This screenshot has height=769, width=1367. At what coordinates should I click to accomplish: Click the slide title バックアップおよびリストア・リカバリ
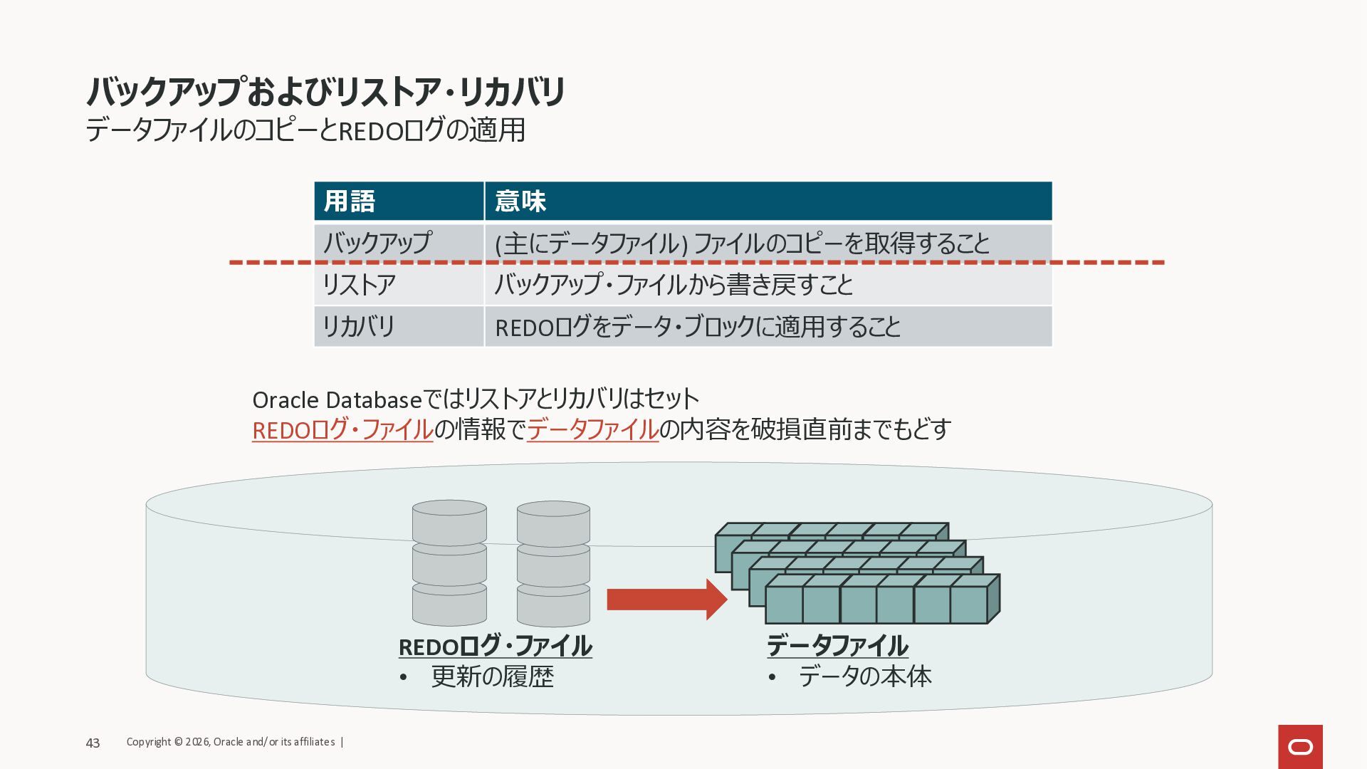click(x=325, y=91)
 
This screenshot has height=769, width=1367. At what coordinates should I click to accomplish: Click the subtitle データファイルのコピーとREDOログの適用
click(x=305, y=130)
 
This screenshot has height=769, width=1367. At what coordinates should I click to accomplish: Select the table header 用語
click(x=349, y=202)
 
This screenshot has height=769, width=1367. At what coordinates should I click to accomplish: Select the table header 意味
click(x=520, y=202)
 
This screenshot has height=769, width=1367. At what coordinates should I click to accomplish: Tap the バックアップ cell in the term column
click(x=377, y=243)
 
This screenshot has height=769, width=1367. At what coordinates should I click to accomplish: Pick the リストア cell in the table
click(x=359, y=286)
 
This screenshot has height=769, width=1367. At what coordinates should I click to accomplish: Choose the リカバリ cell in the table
click(x=359, y=327)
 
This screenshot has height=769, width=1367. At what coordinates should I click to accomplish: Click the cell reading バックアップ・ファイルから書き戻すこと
click(x=674, y=286)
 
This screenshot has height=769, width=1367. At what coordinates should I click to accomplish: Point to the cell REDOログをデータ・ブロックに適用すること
click(x=698, y=327)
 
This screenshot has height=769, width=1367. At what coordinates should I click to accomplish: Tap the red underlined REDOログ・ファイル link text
click(x=342, y=430)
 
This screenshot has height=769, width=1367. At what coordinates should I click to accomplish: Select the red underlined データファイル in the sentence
click(x=592, y=430)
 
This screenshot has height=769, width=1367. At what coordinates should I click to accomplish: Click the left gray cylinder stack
click(x=449, y=563)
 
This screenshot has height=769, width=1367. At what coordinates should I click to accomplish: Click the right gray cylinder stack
click(x=553, y=563)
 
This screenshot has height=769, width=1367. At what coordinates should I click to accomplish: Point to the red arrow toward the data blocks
click(x=666, y=600)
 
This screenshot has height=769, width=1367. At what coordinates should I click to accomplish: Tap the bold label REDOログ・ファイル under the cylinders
click(x=495, y=647)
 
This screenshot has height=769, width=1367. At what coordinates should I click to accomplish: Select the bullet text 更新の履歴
click(x=492, y=676)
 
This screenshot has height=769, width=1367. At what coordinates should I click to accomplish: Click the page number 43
click(x=93, y=743)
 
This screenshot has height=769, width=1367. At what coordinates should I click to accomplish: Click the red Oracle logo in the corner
click(x=1300, y=747)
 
